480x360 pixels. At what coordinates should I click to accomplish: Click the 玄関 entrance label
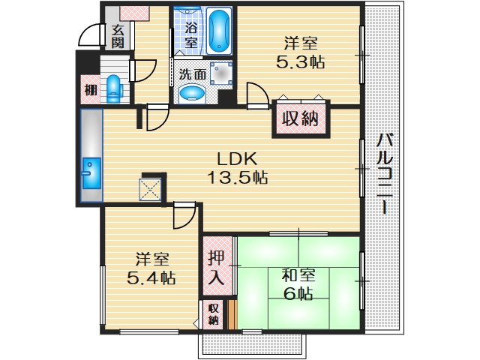point(118,36)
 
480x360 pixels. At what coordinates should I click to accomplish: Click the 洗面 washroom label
point(193,75)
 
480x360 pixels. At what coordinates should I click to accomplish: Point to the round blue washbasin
point(193,94)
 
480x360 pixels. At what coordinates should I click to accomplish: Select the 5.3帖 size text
point(300,63)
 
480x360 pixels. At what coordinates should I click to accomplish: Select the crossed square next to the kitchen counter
point(151,187)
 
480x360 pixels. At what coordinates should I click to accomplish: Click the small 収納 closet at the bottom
point(214,314)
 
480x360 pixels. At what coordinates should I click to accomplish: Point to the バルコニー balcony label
point(385,173)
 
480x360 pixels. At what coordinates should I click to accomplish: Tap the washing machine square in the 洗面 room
point(220,73)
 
